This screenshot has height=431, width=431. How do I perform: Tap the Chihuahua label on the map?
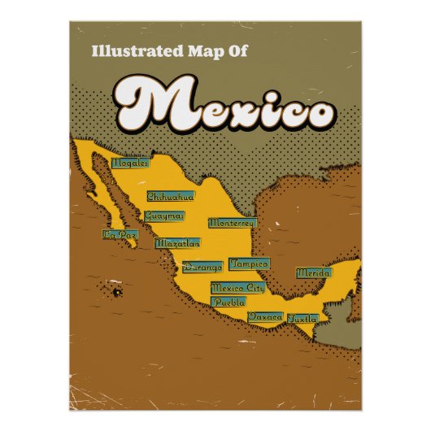170,196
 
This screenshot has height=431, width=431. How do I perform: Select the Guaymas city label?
163,216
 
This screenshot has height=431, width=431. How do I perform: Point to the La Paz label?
120,234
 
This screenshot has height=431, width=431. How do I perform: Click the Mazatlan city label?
177,242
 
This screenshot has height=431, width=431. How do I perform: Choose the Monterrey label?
232,222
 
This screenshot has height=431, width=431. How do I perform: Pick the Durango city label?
202,266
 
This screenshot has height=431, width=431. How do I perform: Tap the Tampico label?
248,263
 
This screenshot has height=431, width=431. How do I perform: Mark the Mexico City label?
237,287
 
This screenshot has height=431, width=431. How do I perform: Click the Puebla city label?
228,302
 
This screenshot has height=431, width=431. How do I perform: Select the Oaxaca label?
265,316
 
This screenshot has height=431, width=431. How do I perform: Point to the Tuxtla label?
302,317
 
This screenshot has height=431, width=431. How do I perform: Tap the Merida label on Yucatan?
313,273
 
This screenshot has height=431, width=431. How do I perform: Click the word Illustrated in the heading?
131,50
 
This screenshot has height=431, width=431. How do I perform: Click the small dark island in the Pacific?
115,290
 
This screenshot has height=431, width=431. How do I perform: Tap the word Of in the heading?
237,50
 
